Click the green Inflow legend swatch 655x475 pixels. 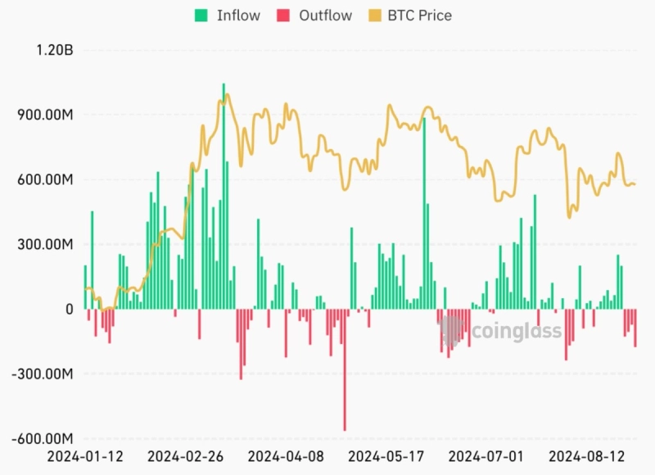pos(201,16)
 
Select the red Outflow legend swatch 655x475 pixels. pos(284,16)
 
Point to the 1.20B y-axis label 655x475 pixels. pos(54,51)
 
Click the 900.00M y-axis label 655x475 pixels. pos(46,115)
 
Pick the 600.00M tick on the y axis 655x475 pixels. pos(46,180)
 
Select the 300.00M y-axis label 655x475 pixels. pos(46,245)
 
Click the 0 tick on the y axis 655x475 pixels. pos(69,310)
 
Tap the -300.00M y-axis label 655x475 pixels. pos(43,374)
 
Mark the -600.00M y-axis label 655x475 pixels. pos(43,439)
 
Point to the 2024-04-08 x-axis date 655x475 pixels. pos(286,455)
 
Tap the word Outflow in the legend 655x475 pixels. pos(326,16)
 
